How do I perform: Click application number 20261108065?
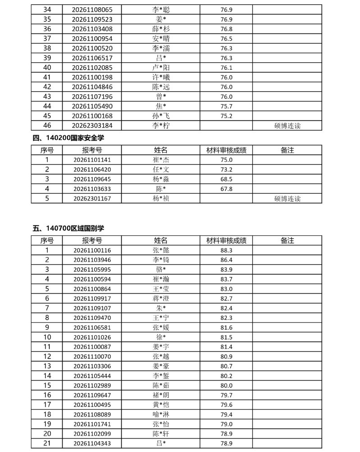tap(92, 9)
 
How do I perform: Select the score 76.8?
tap(226, 29)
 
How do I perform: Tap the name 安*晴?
tap(161, 39)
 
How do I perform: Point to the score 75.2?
tap(226, 116)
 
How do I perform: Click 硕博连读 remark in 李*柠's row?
tap(287, 126)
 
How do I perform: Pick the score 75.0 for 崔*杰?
tap(226, 160)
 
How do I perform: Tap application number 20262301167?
tap(92, 198)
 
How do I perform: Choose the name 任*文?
tap(161, 169)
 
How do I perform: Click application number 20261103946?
tap(92, 260)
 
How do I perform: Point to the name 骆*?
tap(161, 269)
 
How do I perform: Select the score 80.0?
tap(226, 385)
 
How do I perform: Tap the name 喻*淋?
tap(161, 414)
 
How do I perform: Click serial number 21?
tap(47, 443)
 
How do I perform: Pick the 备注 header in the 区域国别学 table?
tap(287, 241)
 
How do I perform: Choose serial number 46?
tap(47, 125)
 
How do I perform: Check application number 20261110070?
tap(92, 356)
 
